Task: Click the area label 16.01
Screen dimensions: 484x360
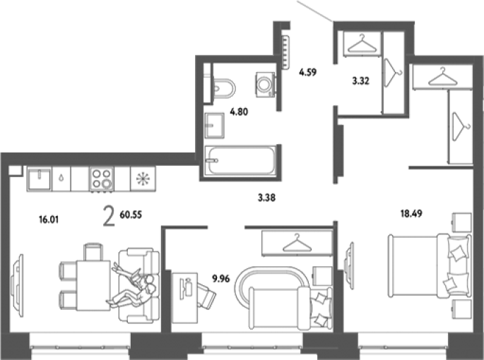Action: tap(49, 220)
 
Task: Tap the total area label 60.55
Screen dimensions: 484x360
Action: tap(131, 215)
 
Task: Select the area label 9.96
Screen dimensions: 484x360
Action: tap(221, 279)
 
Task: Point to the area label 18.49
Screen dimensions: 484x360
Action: tap(411, 213)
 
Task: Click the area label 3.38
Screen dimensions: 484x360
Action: tap(266, 198)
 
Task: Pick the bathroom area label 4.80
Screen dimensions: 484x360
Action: tap(239, 112)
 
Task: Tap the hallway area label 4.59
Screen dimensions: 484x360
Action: tap(308, 73)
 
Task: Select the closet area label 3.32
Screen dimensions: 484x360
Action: tap(361, 81)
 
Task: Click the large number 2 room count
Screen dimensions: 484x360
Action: tap(109, 217)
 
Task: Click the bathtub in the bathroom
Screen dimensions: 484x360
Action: tap(241, 160)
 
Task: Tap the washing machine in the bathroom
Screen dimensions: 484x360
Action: tap(265, 85)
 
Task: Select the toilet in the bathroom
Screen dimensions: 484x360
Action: tap(224, 88)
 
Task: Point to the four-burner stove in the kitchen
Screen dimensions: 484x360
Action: tap(102, 179)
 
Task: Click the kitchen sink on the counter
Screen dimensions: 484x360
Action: tap(39, 179)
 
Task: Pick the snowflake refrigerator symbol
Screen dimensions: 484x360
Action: tap(143, 179)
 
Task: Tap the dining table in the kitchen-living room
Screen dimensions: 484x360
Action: tap(93, 285)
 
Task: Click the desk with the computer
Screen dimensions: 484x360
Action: tap(184, 298)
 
